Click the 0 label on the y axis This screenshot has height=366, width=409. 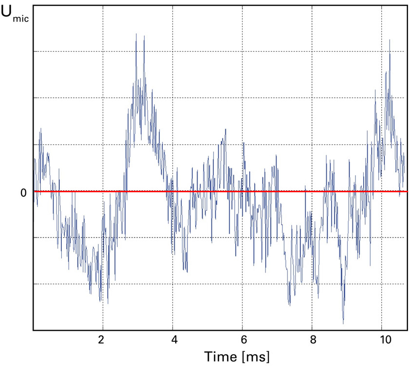(23, 193)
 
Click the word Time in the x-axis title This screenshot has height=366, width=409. (221, 356)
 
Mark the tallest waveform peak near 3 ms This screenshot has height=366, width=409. (136, 34)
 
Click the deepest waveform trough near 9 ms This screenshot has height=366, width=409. (343, 323)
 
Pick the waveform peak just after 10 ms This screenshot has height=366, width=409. (390, 40)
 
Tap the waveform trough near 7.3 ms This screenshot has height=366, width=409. (289, 305)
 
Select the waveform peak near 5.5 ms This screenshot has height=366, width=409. (225, 129)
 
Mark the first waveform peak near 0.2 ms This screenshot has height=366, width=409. (40, 128)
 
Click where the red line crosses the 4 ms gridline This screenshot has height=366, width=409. (173, 191)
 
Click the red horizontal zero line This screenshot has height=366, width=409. (219, 191)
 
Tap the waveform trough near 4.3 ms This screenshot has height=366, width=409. (186, 272)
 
